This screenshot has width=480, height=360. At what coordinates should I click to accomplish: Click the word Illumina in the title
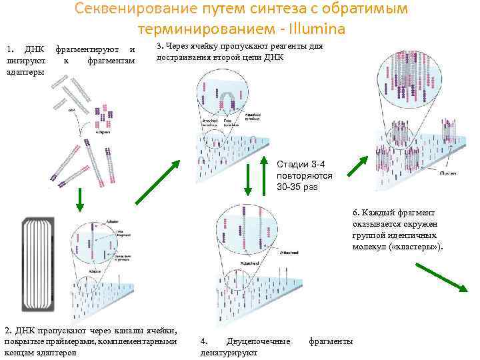click(x=314, y=29)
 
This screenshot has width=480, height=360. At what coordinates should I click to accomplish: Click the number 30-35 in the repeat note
click(x=291, y=187)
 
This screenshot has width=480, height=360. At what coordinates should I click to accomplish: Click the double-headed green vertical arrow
click(x=247, y=180)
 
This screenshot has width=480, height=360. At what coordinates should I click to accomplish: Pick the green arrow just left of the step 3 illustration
click(x=157, y=181)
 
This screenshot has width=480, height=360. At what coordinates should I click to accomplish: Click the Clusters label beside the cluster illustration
click(x=448, y=172)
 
